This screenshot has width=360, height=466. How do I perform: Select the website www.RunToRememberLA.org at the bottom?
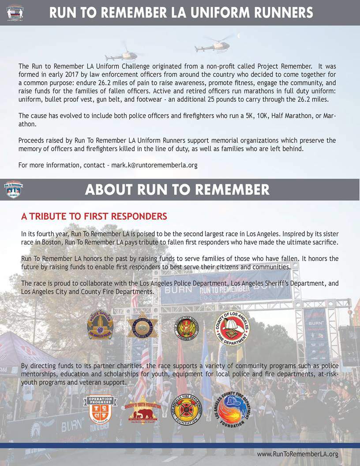(x=297, y=454)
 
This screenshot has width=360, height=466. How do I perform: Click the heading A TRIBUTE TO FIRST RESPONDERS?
(x=94, y=217)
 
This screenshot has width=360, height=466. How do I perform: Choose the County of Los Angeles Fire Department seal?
(x=232, y=327)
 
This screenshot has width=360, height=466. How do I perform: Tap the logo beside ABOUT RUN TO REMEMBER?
(x=15, y=189)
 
